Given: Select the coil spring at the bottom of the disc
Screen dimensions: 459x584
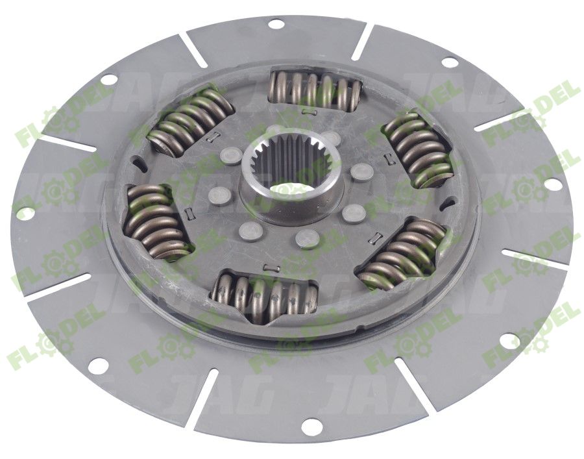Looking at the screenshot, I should (x=265, y=297).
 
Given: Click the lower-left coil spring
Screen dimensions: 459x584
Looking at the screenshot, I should (x=155, y=221).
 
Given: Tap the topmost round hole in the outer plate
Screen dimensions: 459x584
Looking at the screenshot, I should (x=275, y=25).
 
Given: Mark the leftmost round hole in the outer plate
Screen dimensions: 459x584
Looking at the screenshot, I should (x=24, y=212).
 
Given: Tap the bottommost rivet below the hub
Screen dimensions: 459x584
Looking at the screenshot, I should (x=308, y=240).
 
